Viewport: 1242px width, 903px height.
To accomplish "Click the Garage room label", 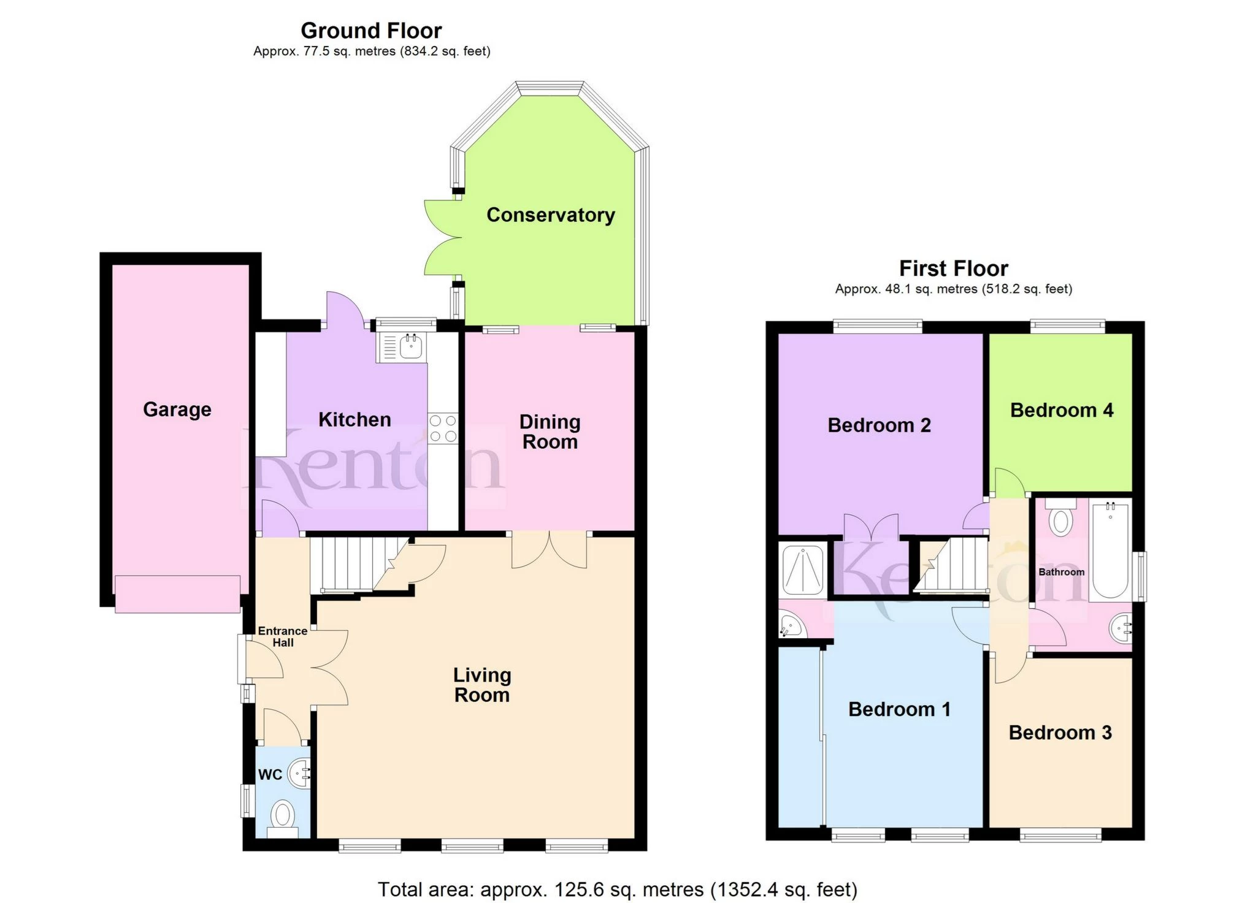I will point(177,409).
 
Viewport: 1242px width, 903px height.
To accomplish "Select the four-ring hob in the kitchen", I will point(443,428).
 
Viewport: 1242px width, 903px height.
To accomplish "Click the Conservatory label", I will point(550,215).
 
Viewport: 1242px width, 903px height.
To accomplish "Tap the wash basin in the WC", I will point(301,774).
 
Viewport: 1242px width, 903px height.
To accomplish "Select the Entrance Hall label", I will point(282,636).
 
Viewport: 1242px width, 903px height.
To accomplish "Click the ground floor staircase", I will point(347,564).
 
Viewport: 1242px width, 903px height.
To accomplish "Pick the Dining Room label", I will point(550,432).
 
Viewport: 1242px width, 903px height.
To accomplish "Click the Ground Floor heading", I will point(371,31).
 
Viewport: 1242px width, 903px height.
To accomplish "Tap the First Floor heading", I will point(953,269).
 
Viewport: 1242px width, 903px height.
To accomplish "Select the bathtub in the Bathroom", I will point(1110,550).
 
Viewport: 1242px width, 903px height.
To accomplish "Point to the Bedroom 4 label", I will point(1061,410).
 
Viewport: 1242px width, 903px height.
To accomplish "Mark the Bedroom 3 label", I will point(1060,733).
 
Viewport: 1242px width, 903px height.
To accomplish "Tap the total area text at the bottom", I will point(617,890).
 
